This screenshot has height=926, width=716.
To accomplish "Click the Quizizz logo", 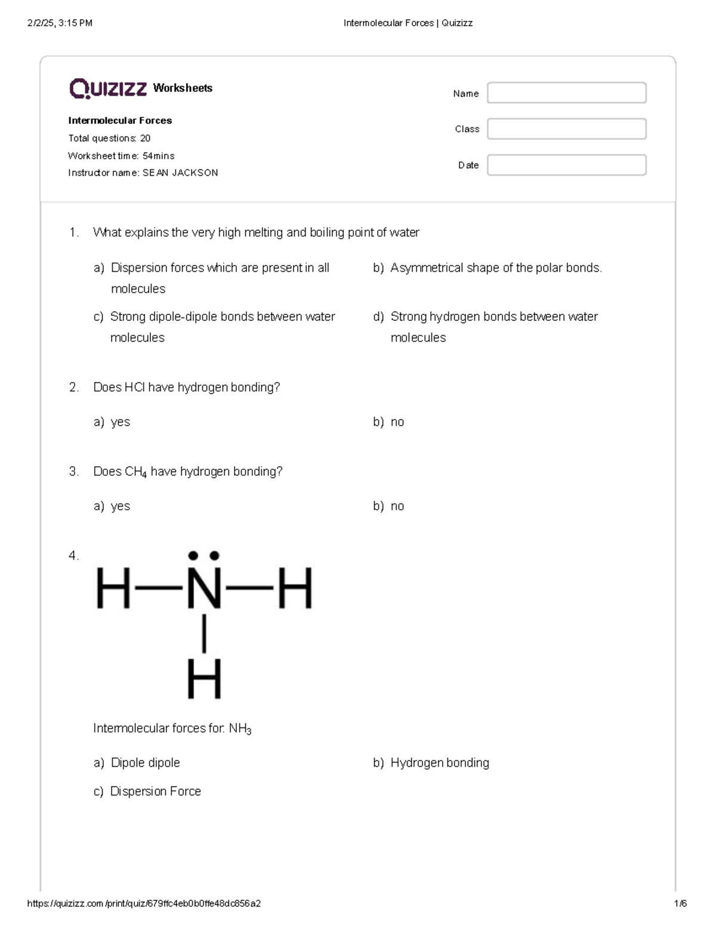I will (108, 88).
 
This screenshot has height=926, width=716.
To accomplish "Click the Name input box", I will (566, 93).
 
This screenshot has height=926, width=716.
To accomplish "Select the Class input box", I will (566, 129).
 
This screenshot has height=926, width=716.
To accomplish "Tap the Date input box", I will (566, 165).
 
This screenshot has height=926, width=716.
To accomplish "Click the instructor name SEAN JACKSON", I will (180, 173).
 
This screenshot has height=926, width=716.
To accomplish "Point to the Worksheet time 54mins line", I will (121, 156).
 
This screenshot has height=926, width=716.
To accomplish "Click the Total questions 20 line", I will (109, 138).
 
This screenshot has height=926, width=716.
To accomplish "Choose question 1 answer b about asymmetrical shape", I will (495, 268).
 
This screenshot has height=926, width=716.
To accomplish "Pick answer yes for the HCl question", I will (120, 422).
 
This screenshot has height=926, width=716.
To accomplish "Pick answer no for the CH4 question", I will (397, 506).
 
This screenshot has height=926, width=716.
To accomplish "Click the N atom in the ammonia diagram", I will (204, 588).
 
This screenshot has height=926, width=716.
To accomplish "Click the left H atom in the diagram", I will (113, 588).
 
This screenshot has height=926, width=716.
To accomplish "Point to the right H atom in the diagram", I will (295, 588).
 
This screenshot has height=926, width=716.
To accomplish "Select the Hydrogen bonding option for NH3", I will (439, 763).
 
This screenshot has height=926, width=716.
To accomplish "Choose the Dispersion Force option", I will (155, 791).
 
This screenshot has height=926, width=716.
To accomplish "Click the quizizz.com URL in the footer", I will (144, 903).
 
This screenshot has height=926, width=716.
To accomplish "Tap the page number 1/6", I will (680, 903).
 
